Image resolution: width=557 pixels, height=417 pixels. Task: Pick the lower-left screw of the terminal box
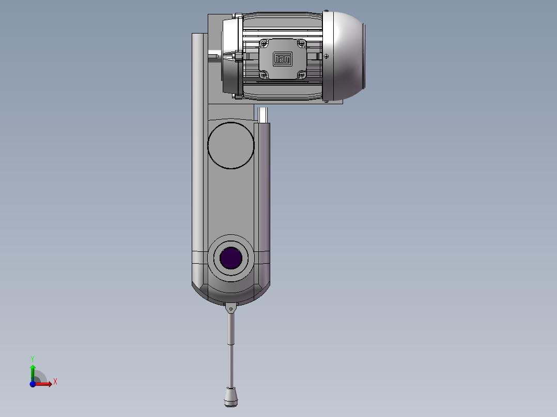point(264,75)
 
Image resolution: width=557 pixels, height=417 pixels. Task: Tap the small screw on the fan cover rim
point(327,56)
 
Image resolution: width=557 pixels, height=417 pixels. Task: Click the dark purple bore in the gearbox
point(231,258)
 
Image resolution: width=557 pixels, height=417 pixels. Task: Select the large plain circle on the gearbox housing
point(230,146)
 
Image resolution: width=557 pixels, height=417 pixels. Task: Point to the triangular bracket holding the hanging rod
point(230,308)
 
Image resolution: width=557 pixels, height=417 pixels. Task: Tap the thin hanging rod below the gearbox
point(231,351)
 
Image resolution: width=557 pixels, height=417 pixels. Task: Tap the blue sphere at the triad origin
point(33,383)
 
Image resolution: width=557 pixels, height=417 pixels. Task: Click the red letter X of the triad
point(55,382)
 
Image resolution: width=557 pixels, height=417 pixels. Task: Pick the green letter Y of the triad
point(32,358)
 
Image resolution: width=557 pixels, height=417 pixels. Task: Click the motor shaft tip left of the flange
point(213,55)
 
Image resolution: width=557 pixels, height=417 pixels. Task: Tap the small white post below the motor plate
point(262,114)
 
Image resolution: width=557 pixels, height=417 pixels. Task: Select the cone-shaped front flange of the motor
point(227,56)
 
